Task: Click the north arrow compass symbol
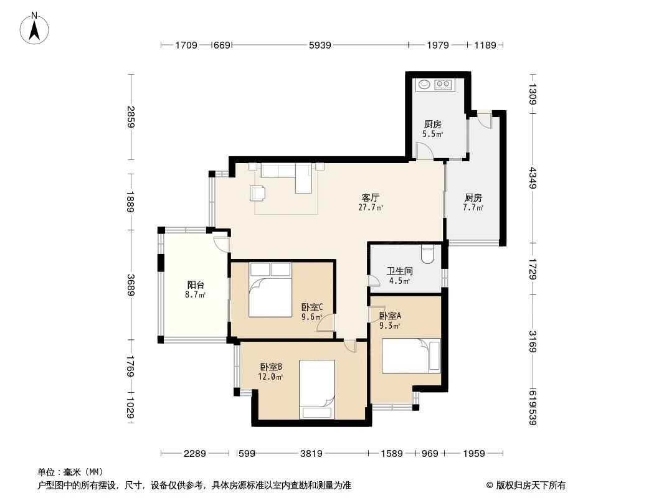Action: click(x=35, y=27)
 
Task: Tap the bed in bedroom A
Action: click(x=410, y=355)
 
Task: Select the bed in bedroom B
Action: click(x=317, y=390)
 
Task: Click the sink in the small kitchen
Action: click(x=424, y=83)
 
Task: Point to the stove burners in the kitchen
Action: click(x=443, y=83)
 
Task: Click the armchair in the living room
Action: click(x=257, y=193)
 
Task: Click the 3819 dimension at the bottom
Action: click(x=310, y=454)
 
